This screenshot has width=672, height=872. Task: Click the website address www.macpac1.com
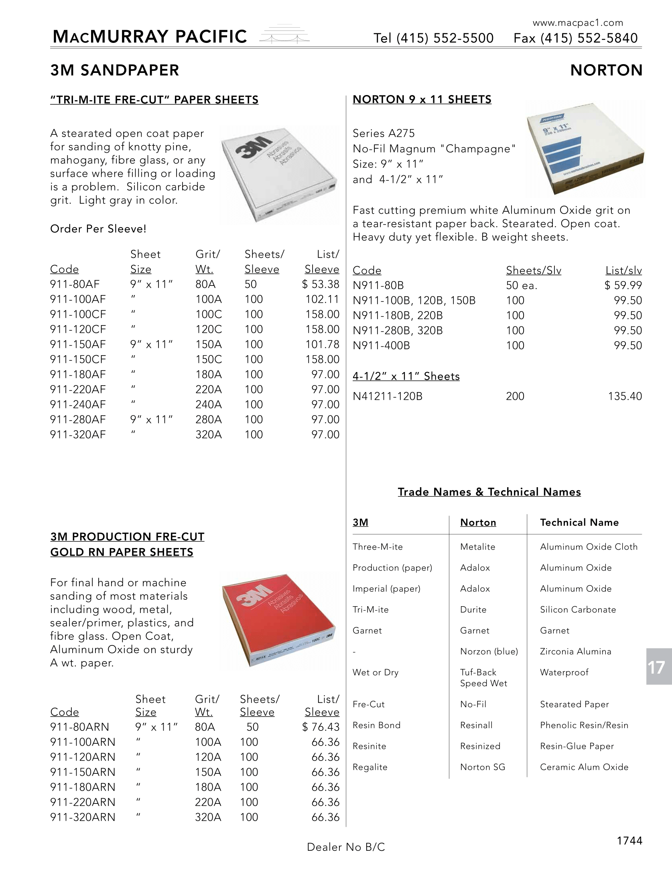[x=578, y=23]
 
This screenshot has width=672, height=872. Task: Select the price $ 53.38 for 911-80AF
[x=321, y=284]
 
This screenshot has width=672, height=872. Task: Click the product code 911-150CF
[x=78, y=360]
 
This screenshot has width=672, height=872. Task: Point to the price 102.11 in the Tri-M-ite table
[x=322, y=299]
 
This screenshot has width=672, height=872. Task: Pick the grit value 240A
[x=208, y=405]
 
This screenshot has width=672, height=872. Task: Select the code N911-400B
[x=381, y=346]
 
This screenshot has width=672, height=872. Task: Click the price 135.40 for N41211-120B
[x=625, y=397]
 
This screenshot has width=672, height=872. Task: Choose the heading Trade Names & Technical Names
[x=489, y=492]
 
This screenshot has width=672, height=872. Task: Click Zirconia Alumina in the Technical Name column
[x=575, y=651]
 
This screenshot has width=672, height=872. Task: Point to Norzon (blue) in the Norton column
[x=489, y=651]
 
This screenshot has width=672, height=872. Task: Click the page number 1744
[x=629, y=841]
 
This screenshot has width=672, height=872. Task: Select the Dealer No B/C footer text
[x=346, y=847]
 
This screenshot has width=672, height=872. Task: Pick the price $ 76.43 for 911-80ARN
[x=321, y=727]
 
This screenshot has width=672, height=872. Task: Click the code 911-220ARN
[x=83, y=802]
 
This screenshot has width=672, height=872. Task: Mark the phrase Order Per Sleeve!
[x=98, y=229]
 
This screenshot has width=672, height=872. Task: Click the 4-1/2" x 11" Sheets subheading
[x=406, y=376]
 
